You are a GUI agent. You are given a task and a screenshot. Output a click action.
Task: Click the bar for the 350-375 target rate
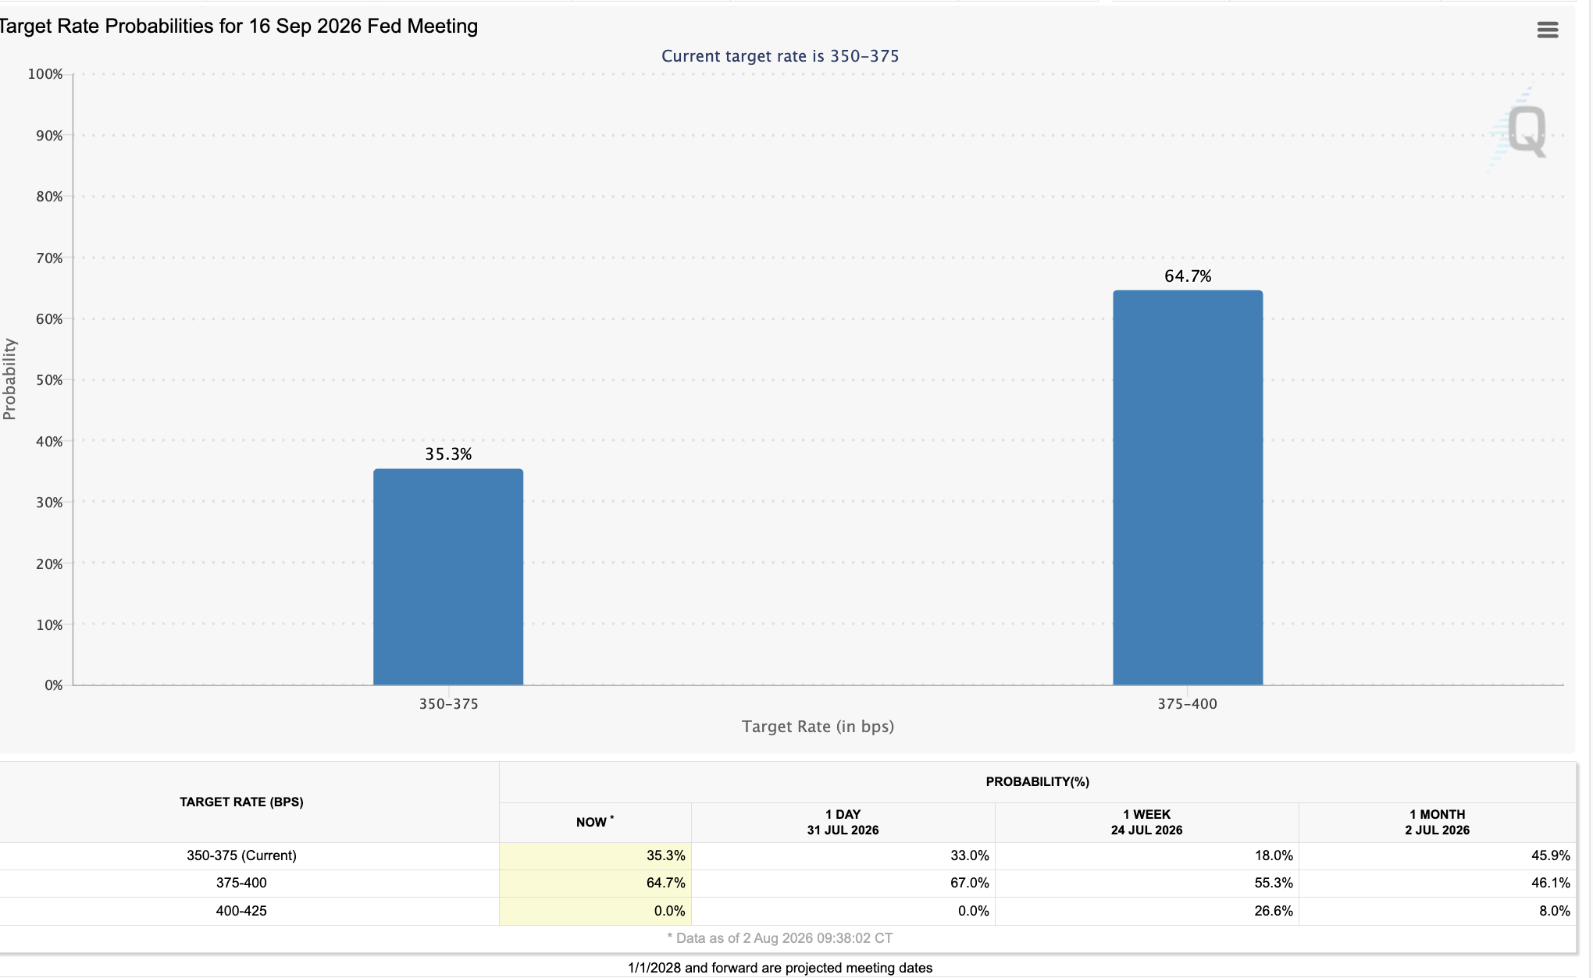point(448,577)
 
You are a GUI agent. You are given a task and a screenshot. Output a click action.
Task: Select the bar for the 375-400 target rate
point(1188,488)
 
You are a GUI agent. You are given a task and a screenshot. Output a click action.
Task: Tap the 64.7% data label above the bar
point(1188,276)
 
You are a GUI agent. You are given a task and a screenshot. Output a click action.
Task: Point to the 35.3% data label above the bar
point(448,454)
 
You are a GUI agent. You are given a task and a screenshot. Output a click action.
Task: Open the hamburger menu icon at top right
point(1548,30)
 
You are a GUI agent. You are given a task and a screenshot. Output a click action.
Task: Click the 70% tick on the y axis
point(49,258)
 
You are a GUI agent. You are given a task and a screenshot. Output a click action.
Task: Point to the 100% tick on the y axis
point(45,74)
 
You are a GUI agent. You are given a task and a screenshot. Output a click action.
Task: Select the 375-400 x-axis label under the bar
point(1187,704)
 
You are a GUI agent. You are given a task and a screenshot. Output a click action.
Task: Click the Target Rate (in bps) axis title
point(818,727)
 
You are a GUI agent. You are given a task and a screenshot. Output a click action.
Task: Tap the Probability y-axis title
point(9,379)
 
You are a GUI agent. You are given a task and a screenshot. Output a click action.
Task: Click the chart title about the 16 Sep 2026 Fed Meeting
point(238,27)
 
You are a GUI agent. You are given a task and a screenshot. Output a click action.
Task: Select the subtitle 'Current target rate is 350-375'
point(780,56)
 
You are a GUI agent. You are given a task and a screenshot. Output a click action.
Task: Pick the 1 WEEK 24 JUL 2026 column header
point(1146,823)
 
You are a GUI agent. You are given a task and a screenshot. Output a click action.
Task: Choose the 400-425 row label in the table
point(241,911)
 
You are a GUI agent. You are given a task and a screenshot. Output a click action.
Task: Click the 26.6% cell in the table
point(1274,911)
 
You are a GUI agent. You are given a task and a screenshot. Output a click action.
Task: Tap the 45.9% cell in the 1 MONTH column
point(1551,855)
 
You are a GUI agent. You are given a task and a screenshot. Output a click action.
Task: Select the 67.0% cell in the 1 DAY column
point(970,883)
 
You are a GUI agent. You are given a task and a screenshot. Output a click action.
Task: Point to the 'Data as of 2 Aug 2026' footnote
point(780,938)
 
